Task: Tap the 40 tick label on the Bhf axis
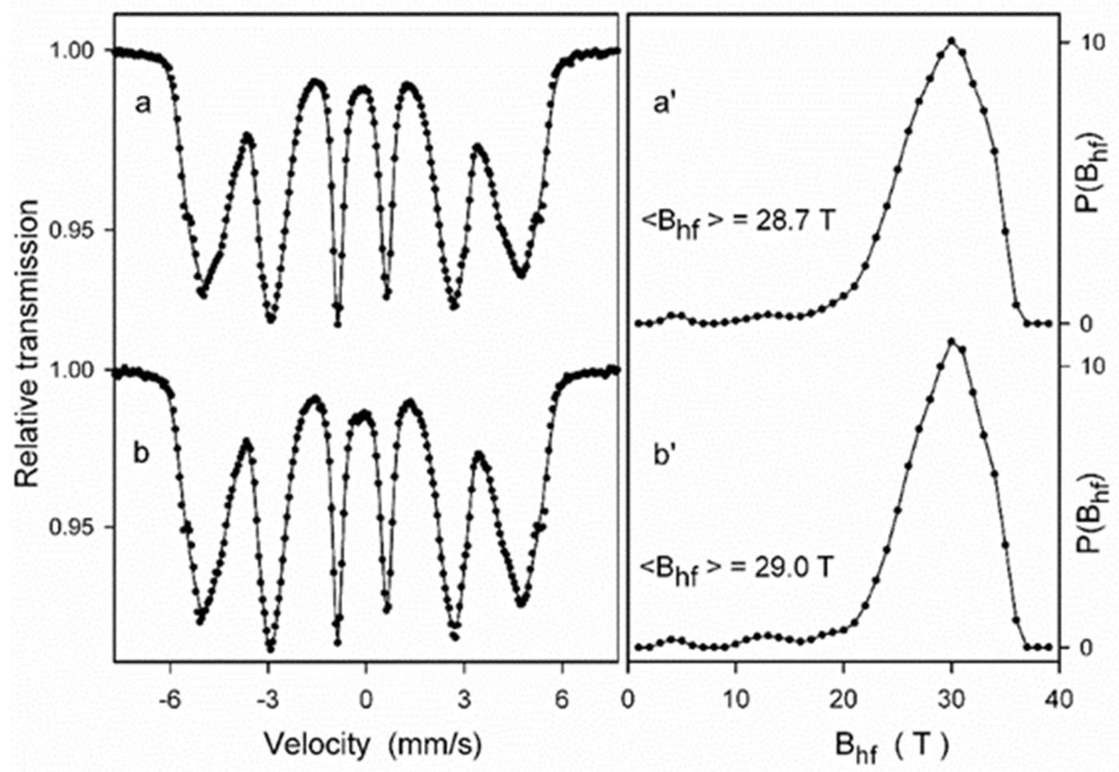pos(1059,700)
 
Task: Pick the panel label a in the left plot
pos(143,103)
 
